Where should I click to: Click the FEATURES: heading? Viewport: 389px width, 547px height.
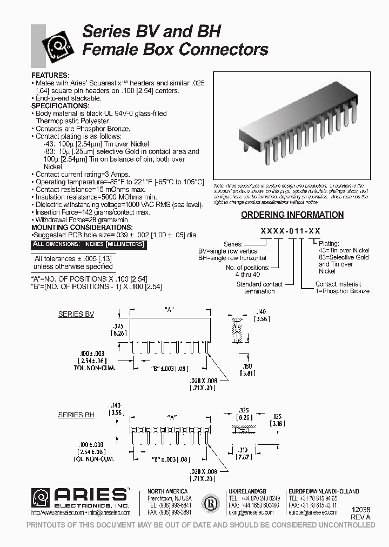click(50, 75)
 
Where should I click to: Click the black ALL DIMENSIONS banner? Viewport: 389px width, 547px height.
click(89, 244)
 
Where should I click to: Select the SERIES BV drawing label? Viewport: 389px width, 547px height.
click(76, 314)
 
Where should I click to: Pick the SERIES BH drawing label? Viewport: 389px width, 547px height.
click(76, 415)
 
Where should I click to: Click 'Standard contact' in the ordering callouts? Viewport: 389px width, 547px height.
click(259, 284)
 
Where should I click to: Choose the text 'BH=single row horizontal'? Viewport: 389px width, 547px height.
click(232, 258)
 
